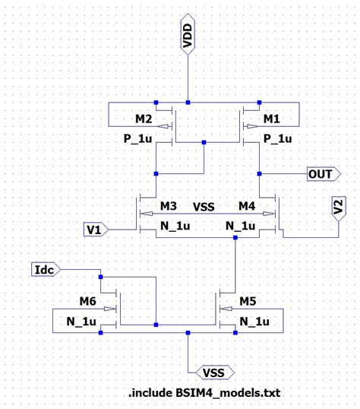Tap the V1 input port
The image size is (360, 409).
[x=96, y=229]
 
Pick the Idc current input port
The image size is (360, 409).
[x=45, y=270]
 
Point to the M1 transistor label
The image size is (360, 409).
[x=273, y=120]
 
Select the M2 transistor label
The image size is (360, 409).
[x=144, y=120]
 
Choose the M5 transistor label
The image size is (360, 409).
[x=248, y=302]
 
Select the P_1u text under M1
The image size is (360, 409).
[x=277, y=139]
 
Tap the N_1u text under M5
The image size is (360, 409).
[x=255, y=322]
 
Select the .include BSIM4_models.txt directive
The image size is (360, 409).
[x=205, y=393]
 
